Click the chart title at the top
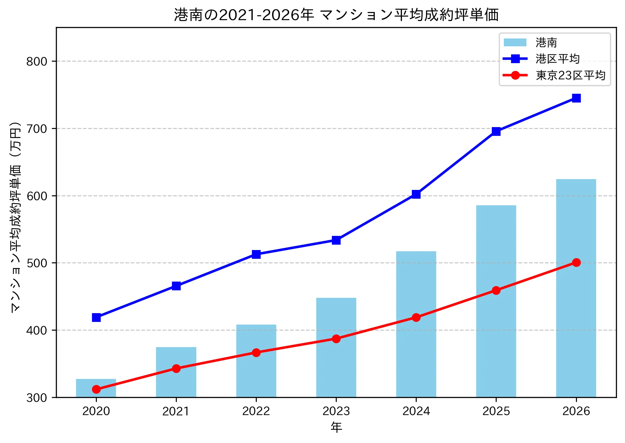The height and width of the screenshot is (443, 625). point(336,15)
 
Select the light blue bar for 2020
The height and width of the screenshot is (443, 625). point(96,388)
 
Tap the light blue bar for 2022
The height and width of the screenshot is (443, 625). point(256,361)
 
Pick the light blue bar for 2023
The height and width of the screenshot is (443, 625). point(336,347)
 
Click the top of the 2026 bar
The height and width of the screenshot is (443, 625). point(576,179)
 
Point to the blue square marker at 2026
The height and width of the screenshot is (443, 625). point(576,98)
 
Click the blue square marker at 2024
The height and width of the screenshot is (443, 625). point(416,194)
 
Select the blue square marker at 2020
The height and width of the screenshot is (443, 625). point(96,317)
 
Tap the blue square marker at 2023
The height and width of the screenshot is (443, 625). point(336,240)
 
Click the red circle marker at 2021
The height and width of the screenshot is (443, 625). point(176,368)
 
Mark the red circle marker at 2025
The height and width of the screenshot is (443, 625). point(496,290)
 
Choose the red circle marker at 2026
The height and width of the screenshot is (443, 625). point(576,262)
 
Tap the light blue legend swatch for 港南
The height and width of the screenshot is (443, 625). point(515,42)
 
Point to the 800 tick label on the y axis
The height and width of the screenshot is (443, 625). point(37,61)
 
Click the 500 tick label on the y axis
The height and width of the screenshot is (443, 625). point(37,263)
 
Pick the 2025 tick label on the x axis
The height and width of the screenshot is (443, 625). point(496,411)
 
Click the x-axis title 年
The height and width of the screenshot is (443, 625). point(336,427)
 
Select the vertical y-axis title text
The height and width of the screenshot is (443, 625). point(15,217)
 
